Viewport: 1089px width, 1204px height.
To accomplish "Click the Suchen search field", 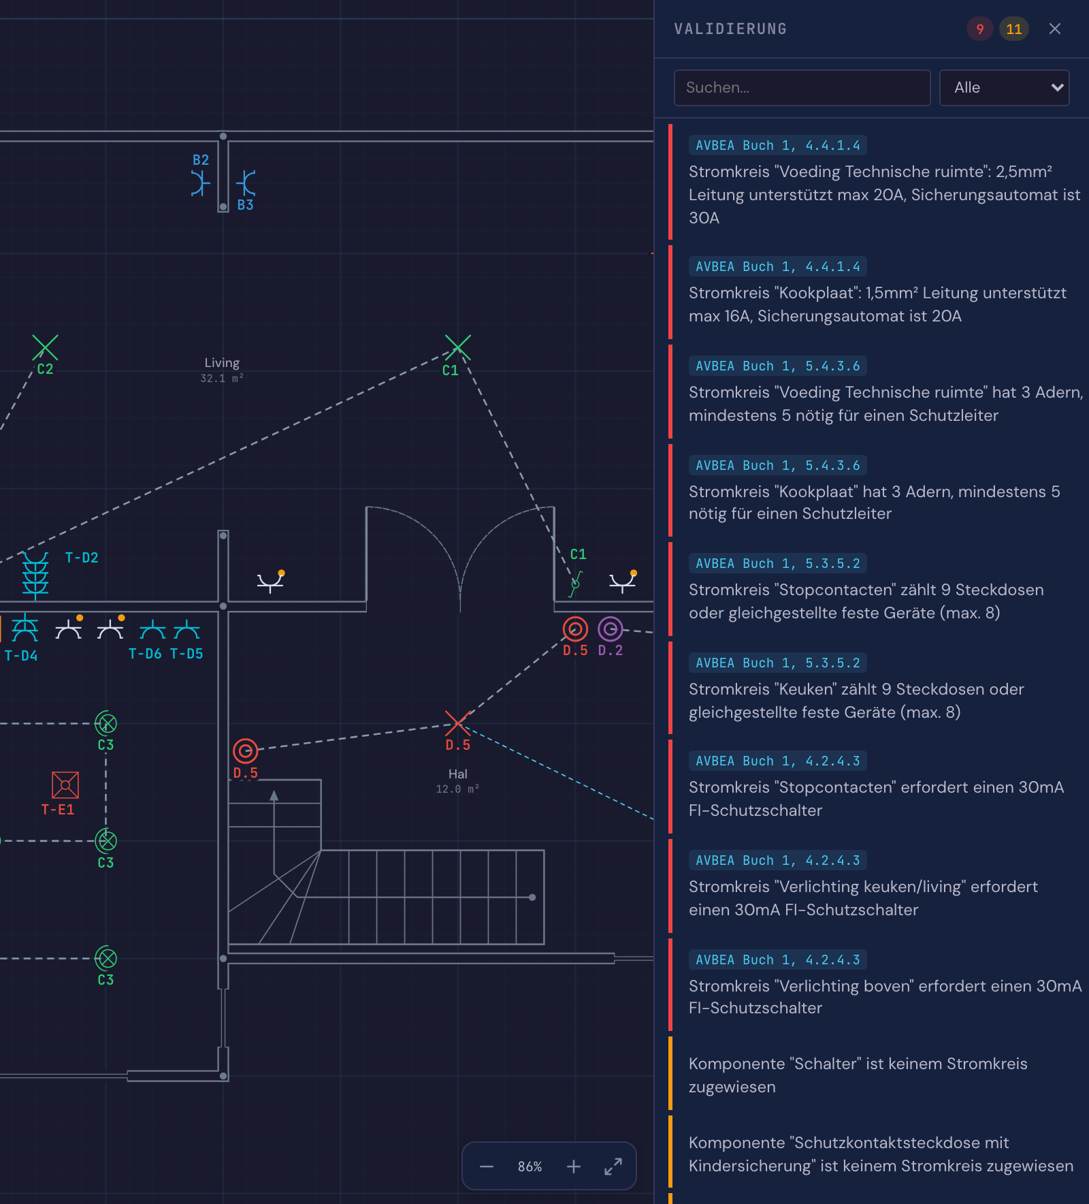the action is [x=802, y=88].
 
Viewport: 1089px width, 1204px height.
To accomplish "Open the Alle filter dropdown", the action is [x=1004, y=88].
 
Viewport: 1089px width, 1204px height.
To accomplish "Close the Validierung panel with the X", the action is [x=1055, y=29].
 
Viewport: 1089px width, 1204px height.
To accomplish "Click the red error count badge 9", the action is [x=980, y=29].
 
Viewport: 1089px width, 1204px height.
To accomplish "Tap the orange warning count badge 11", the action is [x=1014, y=29].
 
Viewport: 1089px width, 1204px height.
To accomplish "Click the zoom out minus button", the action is [x=487, y=1167].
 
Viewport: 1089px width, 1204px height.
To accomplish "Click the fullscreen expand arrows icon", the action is [x=613, y=1167].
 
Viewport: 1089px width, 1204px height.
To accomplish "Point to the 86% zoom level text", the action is [x=530, y=1167].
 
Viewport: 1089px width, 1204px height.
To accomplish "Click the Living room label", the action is [x=222, y=363].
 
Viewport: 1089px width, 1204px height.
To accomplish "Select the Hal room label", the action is [x=458, y=774].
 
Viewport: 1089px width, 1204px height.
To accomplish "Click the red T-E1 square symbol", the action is [x=65, y=785].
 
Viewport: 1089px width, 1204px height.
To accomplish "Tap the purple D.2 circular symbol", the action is [x=611, y=629].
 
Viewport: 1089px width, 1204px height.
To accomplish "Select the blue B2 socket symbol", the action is [x=200, y=183].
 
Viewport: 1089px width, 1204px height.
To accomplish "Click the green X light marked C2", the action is [x=45, y=347].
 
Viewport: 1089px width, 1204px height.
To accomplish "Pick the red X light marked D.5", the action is [x=457, y=723].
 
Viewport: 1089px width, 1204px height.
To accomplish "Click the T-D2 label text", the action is [x=82, y=558].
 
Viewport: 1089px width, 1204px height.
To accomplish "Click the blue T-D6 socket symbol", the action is [x=152, y=630].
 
